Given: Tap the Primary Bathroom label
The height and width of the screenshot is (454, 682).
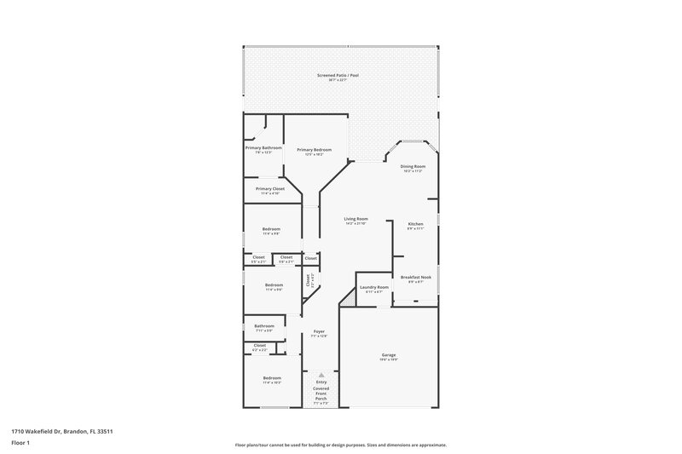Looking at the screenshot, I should (x=263, y=148).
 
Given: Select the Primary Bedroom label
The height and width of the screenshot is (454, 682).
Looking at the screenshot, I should (x=314, y=150).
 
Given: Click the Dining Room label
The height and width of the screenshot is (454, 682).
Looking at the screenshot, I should (x=413, y=167).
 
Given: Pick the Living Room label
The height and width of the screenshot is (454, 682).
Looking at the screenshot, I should (x=355, y=219).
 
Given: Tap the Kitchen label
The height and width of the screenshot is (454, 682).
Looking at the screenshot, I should (x=415, y=224).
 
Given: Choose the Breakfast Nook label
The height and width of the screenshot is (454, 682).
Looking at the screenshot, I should (x=415, y=278).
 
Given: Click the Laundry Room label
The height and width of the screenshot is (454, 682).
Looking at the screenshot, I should (x=373, y=287).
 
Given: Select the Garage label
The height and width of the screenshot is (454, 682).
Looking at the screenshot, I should (x=389, y=355).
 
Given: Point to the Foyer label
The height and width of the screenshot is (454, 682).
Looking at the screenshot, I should (x=319, y=331).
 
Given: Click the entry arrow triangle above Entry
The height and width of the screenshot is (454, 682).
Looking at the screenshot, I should (x=321, y=374).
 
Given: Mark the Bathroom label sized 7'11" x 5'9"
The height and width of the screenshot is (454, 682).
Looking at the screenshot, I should (x=264, y=325).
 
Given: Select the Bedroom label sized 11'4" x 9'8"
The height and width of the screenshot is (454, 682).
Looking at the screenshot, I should (x=271, y=229).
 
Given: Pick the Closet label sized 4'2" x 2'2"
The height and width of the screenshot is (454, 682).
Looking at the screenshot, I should (x=260, y=345).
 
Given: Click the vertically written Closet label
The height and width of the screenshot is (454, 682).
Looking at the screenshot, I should (x=308, y=279).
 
